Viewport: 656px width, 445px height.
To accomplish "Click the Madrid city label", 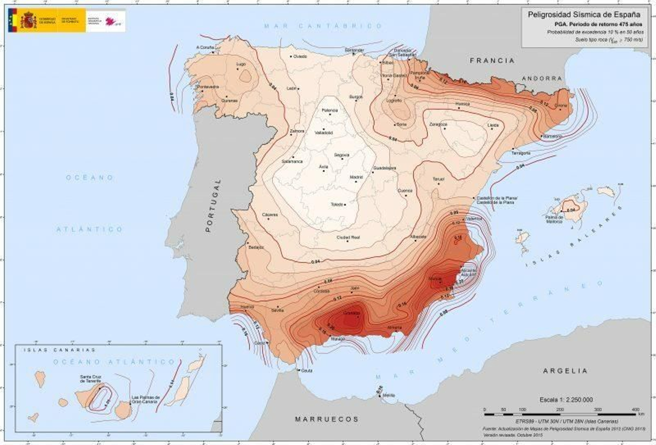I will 356,177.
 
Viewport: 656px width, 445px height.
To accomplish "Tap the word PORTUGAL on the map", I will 212,206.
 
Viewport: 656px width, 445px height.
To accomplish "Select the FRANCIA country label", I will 492,61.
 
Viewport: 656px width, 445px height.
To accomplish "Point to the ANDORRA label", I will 542,78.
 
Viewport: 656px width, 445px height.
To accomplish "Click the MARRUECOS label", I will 327,419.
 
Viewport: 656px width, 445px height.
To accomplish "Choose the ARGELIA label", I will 565,371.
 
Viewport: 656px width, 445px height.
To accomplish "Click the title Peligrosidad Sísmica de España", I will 584,15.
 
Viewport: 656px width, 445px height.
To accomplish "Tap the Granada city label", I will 352,313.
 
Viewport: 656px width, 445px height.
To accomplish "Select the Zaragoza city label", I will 438,124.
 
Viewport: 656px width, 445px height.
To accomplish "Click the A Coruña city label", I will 205,48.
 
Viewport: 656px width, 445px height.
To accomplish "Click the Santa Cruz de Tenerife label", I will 91,379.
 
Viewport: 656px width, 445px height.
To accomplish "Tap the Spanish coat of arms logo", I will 29,20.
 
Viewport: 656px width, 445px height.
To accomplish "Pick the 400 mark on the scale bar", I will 635,409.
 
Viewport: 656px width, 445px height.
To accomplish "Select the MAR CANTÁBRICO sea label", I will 323,26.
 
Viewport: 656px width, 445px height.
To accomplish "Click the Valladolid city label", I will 323,133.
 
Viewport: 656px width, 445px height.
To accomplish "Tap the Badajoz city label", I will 256,247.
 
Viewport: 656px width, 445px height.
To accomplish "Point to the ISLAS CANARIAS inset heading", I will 59,350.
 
